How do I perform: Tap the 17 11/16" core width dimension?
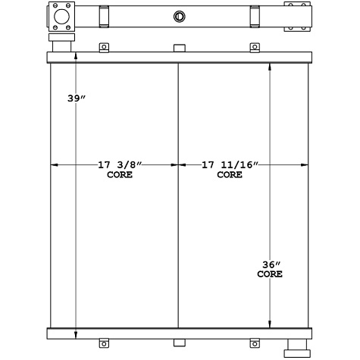pyautogui.click(x=230, y=164)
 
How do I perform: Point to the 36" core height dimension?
pyautogui.click(x=271, y=265)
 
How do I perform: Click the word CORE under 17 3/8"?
pyautogui.click(x=119, y=174)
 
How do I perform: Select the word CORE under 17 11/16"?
pyautogui.click(x=230, y=174)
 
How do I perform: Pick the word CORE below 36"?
pyautogui.click(x=271, y=274)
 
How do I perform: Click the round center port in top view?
pyautogui.click(x=180, y=15)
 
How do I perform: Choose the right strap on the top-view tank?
pyautogui.click(x=255, y=15)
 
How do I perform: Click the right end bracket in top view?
pyautogui.click(x=297, y=17)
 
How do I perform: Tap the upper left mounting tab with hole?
pyautogui.click(x=105, y=49)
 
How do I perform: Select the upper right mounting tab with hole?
pyautogui.click(x=255, y=49)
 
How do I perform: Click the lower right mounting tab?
pyautogui.click(x=255, y=346)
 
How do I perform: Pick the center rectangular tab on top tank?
pyautogui.click(x=179, y=49)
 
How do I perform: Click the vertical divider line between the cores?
pyautogui.click(x=177, y=227)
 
